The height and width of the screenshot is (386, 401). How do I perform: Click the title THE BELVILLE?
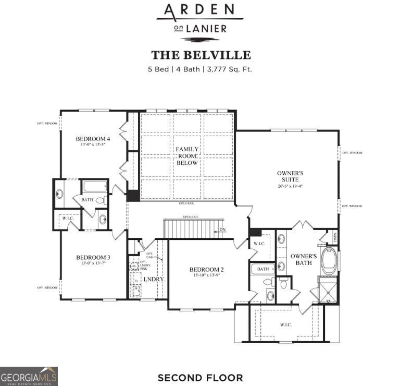(200, 55)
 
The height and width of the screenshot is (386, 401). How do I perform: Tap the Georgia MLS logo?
(29, 376)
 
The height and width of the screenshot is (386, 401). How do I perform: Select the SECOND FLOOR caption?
(200, 377)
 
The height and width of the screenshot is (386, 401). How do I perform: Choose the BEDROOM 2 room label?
(206, 269)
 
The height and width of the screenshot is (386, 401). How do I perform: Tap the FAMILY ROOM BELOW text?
(187, 156)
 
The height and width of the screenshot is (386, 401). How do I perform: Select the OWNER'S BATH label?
(304, 259)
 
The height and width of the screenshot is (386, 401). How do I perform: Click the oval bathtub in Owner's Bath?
(329, 261)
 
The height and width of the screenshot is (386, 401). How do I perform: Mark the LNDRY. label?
(154, 279)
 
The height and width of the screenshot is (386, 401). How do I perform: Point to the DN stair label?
(222, 230)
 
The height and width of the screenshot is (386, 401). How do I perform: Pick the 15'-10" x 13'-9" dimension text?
(206, 276)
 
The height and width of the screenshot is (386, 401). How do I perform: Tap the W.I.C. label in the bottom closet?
(285, 324)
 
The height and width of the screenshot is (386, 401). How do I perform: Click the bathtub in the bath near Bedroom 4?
(95, 186)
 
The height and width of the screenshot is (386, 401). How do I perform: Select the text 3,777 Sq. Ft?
(229, 68)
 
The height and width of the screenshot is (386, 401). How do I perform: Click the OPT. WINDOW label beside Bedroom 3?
(47, 287)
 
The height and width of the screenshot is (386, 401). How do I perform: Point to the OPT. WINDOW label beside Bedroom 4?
(47, 123)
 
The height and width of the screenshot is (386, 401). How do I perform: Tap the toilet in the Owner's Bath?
(284, 283)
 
